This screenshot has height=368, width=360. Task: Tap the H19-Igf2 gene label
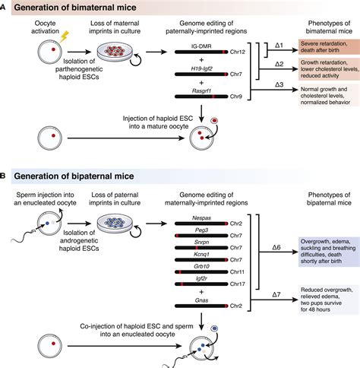click(x=200, y=71)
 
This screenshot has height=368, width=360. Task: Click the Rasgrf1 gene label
click(x=200, y=95)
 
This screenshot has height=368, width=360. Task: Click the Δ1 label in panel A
click(x=279, y=46)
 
